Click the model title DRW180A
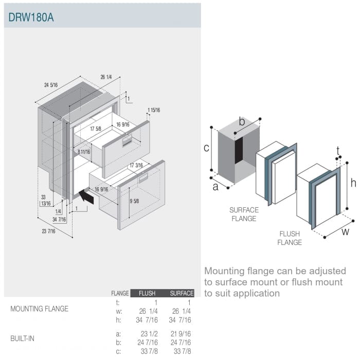point(31,17)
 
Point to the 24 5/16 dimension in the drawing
point(51,85)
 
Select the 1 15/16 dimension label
point(153,110)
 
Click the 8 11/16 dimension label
point(84,152)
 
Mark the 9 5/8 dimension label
point(134,201)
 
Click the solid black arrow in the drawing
point(86,196)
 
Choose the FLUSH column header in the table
point(147,293)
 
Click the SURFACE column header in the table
point(182,293)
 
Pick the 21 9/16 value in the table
point(181,334)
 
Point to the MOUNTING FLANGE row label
point(39,309)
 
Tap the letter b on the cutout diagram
point(242,121)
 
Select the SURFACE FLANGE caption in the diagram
point(244,214)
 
